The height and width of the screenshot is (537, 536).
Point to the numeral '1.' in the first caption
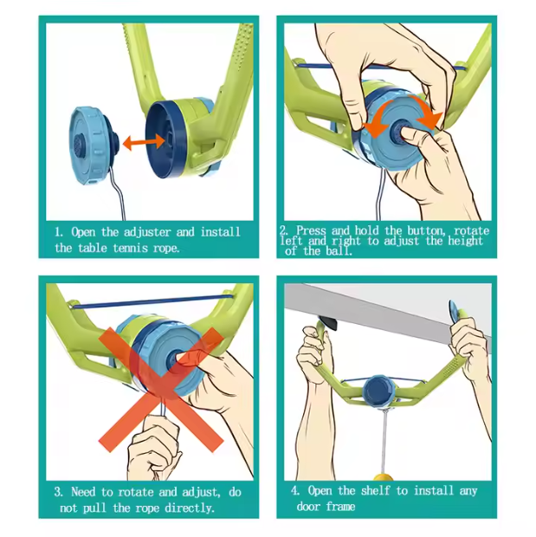coord(59,232)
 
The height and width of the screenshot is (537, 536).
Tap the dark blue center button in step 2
coord(404,130)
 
